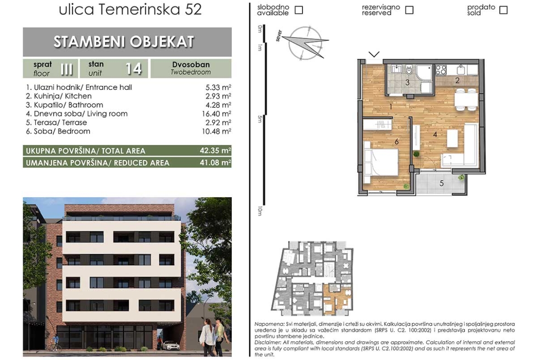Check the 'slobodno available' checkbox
tap(299, 10)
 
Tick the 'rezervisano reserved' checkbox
tap(409, 10)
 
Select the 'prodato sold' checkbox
tap(503, 10)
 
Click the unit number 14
tap(133, 69)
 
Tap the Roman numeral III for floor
tap(67, 69)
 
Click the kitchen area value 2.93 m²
tap(218, 96)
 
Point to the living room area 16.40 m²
tap(217, 114)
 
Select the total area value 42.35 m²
tap(215, 150)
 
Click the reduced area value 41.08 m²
tap(215, 162)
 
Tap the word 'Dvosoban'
tap(191, 65)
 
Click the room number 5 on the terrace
tap(442, 183)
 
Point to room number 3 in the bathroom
tap(408, 83)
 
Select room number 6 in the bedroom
tap(397, 142)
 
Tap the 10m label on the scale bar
tap(260, 211)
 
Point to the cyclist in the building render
tap(55, 343)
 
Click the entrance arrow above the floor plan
tap(374, 54)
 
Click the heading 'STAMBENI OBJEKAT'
tap(124, 42)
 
